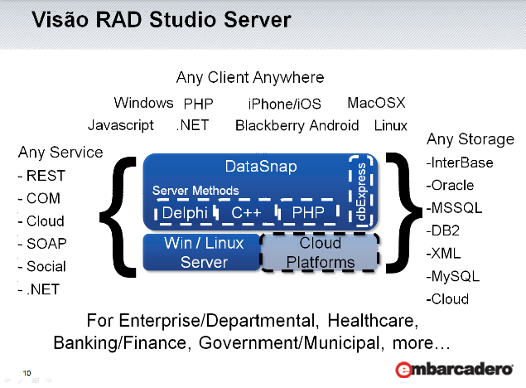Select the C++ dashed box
[x=246, y=214]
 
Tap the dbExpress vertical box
[x=360, y=191]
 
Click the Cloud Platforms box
[x=320, y=253]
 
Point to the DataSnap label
[x=261, y=166]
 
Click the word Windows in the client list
[x=143, y=104]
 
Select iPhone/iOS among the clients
[x=285, y=104]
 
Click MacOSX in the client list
[x=376, y=104]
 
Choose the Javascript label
[x=121, y=126]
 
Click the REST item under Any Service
[x=45, y=176]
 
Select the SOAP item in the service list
[x=46, y=245]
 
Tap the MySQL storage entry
[x=456, y=277]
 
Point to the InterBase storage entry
[x=462, y=162]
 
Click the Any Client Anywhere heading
[x=250, y=78]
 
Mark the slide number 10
[x=27, y=374]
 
